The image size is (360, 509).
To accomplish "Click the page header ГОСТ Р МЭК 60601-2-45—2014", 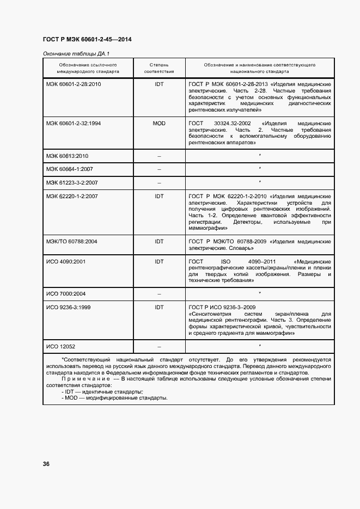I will (87, 39).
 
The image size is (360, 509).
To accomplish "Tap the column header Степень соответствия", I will (159, 68).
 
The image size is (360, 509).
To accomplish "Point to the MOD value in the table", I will (159, 124).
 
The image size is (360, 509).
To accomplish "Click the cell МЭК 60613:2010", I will (67, 156).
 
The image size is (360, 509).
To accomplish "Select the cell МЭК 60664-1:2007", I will (70, 169).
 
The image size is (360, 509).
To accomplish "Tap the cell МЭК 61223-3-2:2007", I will (72, 182).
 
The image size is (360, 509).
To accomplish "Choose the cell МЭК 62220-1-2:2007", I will (72, 196).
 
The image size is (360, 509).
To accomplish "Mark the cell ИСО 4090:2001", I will (65, 261).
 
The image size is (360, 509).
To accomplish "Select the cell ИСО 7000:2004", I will (65, 294).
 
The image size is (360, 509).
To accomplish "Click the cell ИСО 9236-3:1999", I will (68, 308).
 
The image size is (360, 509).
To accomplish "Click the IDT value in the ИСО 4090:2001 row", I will (159, 261).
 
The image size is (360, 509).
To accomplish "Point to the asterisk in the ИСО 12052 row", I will (260, 346).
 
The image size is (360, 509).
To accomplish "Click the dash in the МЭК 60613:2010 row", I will (159, 156).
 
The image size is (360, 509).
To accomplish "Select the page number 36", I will (46, 464).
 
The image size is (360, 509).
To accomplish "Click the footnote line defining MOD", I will (114, 397).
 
